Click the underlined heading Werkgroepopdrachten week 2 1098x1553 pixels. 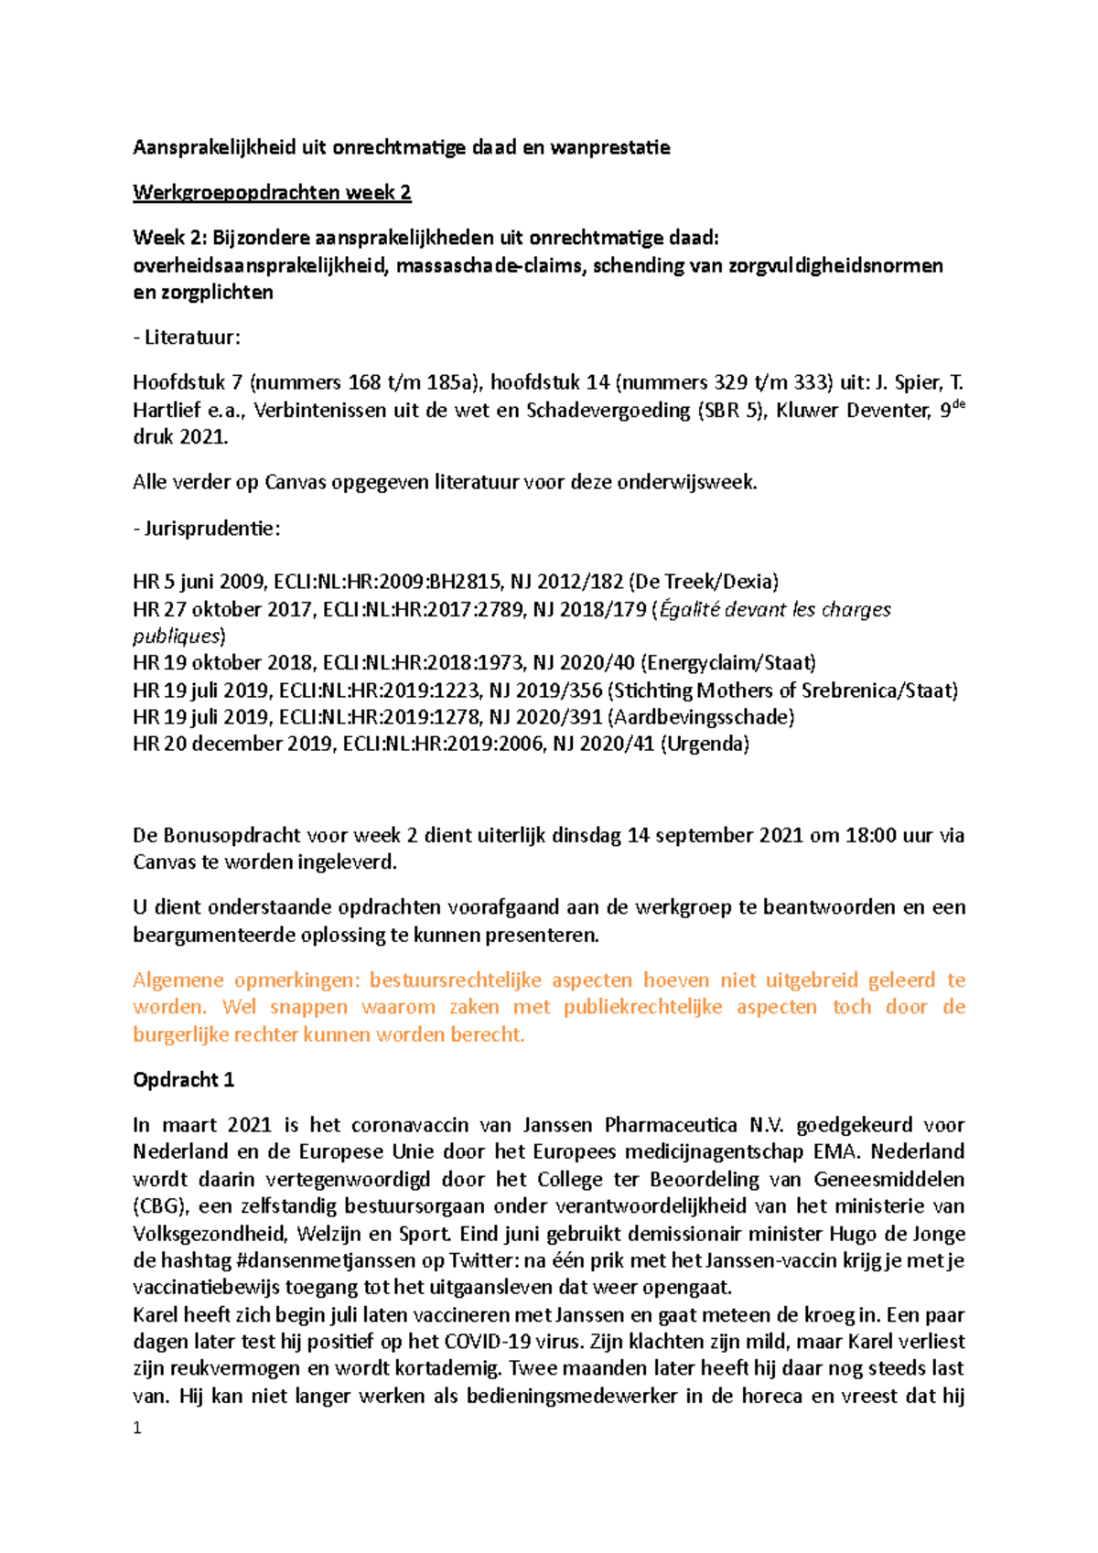pyautogui.click(x=272, y=193)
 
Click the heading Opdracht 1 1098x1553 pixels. pyautogui.click(x=183, y=1080)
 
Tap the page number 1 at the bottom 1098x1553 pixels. pyautogui.click(x=137, y=1429)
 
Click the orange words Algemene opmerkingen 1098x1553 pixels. pyautogui.click(x=245, y=980)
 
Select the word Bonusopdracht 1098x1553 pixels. pyautogui.click(x=231, y=836)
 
